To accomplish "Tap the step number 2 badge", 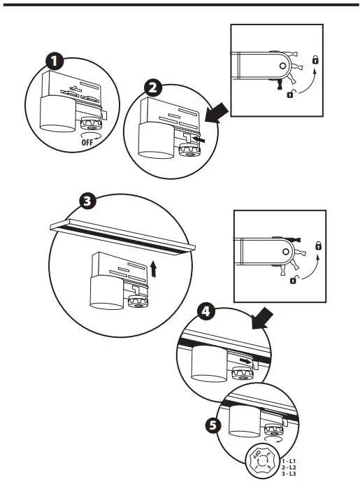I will tap(154, 87).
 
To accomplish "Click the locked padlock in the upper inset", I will tap(316, 61).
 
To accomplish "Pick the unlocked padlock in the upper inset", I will tap(289, 94).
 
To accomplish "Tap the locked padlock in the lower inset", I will tap(319, 246).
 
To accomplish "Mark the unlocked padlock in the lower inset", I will tap(292, 280).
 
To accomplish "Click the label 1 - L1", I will tap(287, 462).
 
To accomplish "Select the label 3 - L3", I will tap(287, 474).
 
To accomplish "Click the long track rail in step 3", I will tap(123, 234).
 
